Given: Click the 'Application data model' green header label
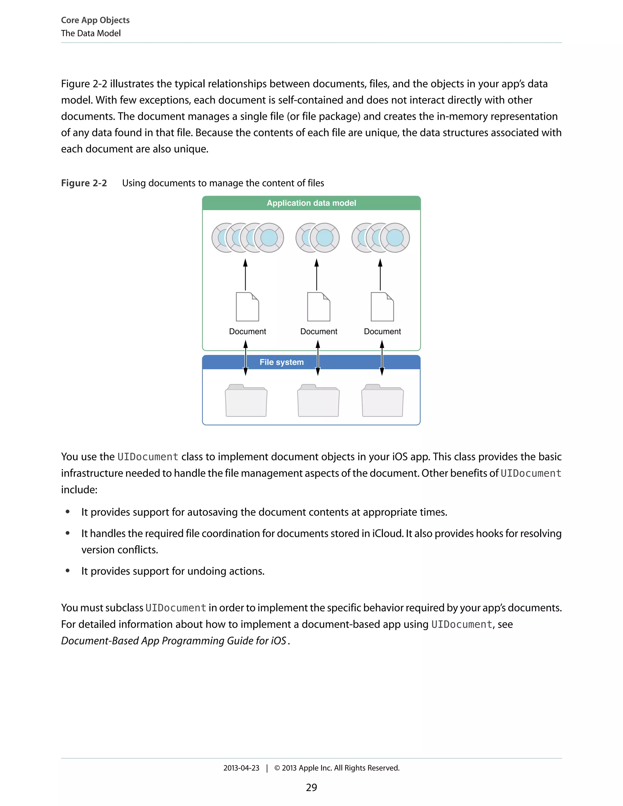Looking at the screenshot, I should pyautogui.click(x=311, y=203).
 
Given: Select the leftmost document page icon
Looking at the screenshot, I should pyautogui.click(x=247, y=307).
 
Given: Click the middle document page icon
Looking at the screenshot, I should pyautogui.click(x=318, y=307).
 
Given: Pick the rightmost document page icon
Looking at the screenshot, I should pyautogui.click(x=382, y=307).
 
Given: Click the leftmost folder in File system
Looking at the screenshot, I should pyautogui.click(x=246, y=401).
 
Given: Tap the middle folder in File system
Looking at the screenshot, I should pyautogui.click(x=318, y=401).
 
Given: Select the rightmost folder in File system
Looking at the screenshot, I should pyautogui.click(x=382, y=401).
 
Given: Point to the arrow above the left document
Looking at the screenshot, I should pyautogui.click(x=245, y=275).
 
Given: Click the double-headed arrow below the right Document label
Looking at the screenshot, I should pyautogui.click(x=382, y=358).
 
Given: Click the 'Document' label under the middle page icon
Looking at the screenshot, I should pyautogui.click(x=318, y=332).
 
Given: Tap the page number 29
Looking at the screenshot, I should pyautogui.click(x=311, y=787).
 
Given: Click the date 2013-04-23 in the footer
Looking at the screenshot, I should pyautogui.click(x=241, y=768).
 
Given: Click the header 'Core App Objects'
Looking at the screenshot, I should pyautogui.click(x=95, y=20).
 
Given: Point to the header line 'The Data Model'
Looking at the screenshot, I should pyautogui.click(x=91, y=33).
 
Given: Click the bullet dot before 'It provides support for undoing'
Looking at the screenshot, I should pyautogui.click(x=68, y=571).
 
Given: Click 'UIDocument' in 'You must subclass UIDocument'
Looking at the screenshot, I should pyautogui.click(x=176, y=608).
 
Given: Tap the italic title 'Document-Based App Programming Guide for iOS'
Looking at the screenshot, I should pyautogui.click(x=173, y=641).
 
